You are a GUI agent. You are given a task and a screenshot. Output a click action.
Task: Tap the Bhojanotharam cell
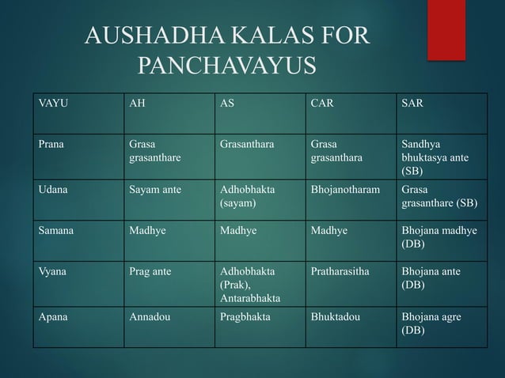344,190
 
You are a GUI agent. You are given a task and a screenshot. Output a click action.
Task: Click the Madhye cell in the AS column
237,230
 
